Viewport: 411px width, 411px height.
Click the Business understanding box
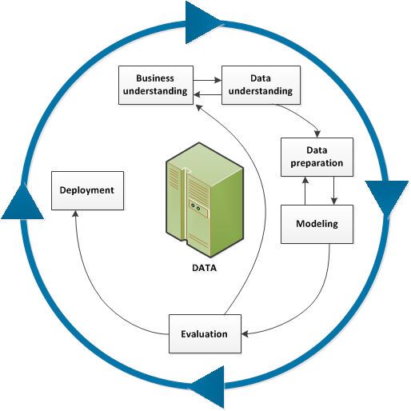click(155, 85)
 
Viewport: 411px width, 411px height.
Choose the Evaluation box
click(204, 334)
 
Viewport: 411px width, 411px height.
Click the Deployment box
click(87, 191)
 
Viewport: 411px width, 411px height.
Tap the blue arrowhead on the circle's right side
click(387, 196)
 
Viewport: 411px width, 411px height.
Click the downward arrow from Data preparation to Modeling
click(332, 190)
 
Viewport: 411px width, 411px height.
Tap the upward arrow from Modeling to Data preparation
click(304, 190)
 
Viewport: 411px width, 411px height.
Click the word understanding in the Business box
click(155, 91)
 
